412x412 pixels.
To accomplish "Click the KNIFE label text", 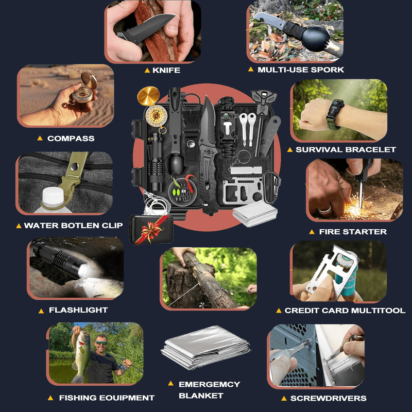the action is click(166, 70).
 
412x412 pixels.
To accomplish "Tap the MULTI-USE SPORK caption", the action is click(301, 70).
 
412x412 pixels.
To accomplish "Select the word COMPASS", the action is click(71, 139).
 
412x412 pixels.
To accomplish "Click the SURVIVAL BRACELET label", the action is click(346, 149).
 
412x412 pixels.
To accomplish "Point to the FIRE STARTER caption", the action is click(353, 232).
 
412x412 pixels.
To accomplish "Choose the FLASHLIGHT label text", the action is click(78, 310).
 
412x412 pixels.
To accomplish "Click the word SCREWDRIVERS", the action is click(329, 398).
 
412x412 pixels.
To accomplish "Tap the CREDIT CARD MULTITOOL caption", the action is click(345, 311).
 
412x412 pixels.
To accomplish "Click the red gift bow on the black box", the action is click(150, 230).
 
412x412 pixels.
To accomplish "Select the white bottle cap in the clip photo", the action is click(53, 196).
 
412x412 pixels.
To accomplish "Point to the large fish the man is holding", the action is click(80, 355).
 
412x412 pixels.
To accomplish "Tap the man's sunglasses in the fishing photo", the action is click(101, 343).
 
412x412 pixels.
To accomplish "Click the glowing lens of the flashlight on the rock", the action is click(84, 271).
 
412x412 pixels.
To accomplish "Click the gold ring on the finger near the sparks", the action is click(325, 210).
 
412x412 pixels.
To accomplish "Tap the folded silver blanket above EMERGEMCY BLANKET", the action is click(205, 347).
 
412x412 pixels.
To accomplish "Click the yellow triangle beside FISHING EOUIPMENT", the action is click(50, 398).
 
